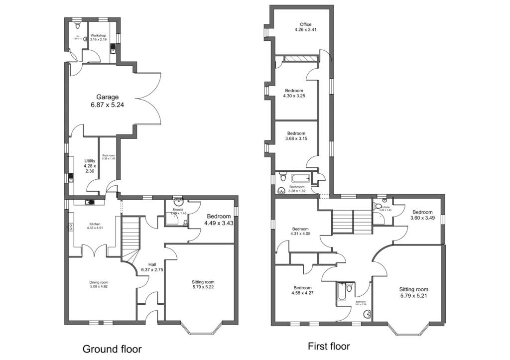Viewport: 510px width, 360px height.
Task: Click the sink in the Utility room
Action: tap(71, 177)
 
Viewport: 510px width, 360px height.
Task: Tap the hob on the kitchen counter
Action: tap(70, 227)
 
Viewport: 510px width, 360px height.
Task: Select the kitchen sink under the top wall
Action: tap(90, 202)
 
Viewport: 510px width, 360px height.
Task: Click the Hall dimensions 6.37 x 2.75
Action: tap(152, 269)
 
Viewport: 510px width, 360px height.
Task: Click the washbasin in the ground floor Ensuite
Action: tap(178, 203)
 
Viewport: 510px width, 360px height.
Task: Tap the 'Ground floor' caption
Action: tap(112, 349)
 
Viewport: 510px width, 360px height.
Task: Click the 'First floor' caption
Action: tap(329, 346)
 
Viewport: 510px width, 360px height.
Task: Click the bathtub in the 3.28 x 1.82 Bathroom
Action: tap(300, 177)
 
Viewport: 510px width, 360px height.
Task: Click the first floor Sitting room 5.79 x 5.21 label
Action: tap(413, 292)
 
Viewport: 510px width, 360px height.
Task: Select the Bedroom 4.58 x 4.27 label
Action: tap(302, 291)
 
